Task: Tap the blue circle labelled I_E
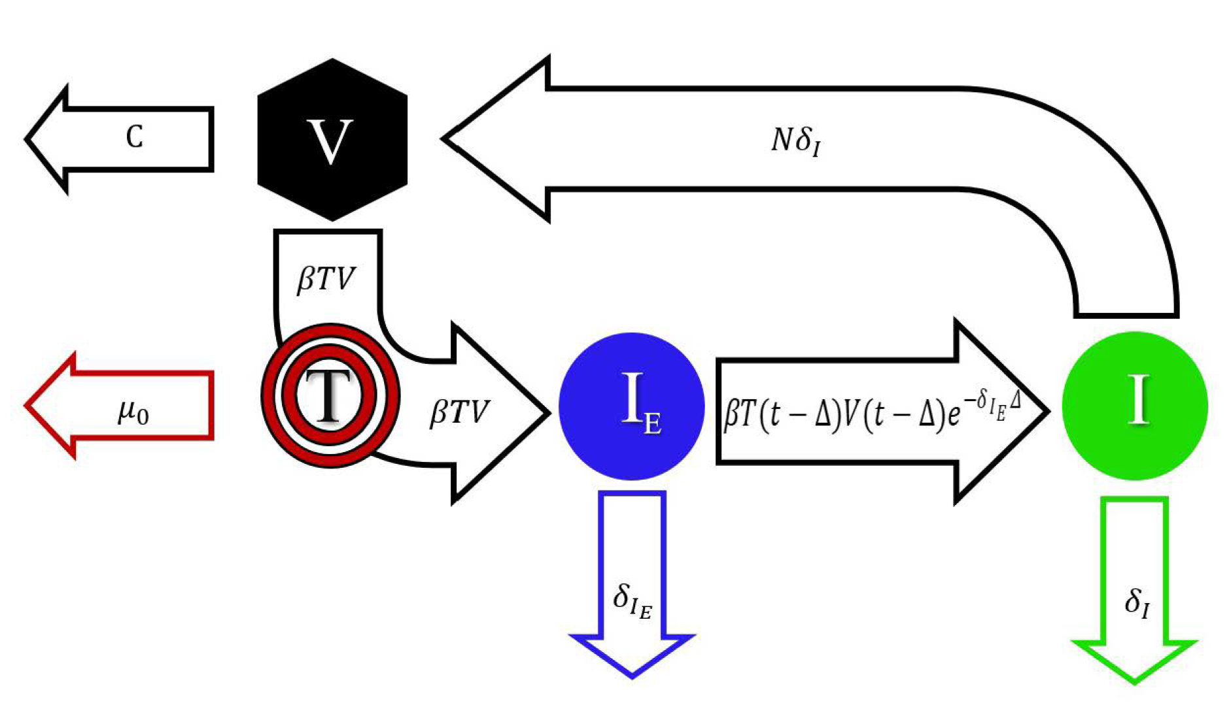point(631,406)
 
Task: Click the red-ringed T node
point(330,395)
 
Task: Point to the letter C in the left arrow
point(135,137)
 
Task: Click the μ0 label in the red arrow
point(133,413)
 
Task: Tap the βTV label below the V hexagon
point(326,279)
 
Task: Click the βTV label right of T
point(459,413)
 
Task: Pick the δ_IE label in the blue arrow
point(632,600)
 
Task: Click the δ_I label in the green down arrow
point(1137,602)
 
